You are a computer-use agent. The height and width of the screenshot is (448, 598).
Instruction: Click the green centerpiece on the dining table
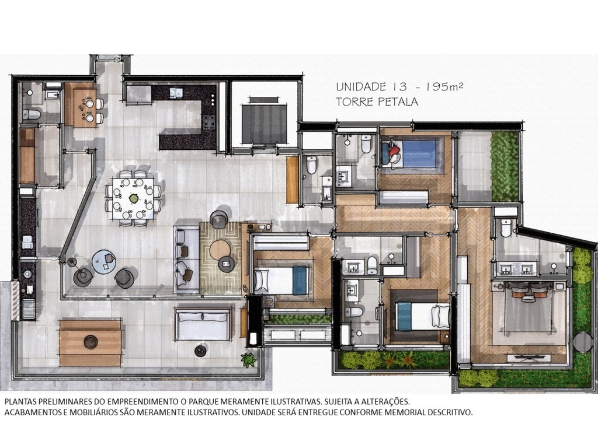point(134,198)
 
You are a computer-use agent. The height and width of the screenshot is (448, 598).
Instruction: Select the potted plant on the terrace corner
point(249,360)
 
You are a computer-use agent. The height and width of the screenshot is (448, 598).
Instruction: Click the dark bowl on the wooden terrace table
point(91,342)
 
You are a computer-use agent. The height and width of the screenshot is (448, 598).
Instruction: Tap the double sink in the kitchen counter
point(176,93)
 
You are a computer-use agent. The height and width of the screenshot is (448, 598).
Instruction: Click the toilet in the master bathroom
point(506,228)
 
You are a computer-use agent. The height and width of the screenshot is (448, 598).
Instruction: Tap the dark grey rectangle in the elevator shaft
point(265,123)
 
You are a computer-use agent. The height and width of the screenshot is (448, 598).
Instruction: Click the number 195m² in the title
point(445,87)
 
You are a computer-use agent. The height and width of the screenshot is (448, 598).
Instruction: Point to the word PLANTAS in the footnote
point(21,402)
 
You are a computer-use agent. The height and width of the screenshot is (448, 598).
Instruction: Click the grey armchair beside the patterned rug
point(219,219)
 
